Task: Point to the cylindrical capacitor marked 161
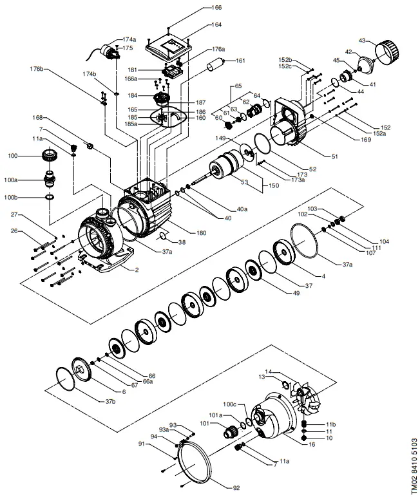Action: (216, 66)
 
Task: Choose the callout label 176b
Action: (36, 69)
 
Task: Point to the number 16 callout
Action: (312, 445)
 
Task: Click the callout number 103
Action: (312, 209)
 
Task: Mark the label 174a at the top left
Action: (129, 39)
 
